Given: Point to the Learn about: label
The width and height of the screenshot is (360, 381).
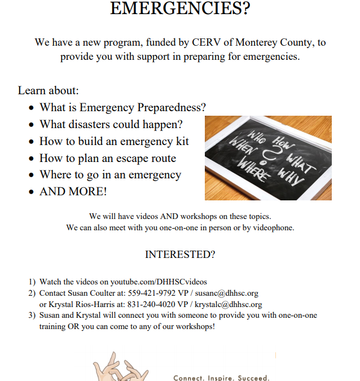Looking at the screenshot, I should (x=49, y=90).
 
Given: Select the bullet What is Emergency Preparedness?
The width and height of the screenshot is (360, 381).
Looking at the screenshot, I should (x=122, y=107).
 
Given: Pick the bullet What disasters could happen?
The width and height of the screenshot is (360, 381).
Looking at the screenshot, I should (x=111, y=124).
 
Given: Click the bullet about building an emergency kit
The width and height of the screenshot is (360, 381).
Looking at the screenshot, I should (x=114, y=141).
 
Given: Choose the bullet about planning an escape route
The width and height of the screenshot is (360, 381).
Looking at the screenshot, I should (x=108, y=158).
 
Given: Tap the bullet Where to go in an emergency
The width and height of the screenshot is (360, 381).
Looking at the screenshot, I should (x=110, y=175).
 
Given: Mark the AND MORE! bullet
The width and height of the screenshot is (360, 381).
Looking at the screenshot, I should (x=73, y=192).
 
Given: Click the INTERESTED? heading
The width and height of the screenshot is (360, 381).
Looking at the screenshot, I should (x=180, y=255).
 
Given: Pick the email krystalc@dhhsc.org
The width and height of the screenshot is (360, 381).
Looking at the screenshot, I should (x=229, y=305).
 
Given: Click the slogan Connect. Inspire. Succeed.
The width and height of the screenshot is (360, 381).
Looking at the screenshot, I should (x=221, y=377).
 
